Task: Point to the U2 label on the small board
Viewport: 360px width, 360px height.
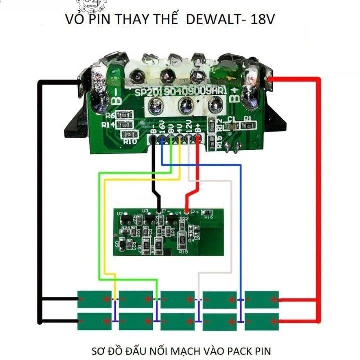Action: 119,214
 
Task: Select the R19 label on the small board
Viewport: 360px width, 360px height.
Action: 183,251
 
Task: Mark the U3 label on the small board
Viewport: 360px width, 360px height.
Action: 145,211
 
